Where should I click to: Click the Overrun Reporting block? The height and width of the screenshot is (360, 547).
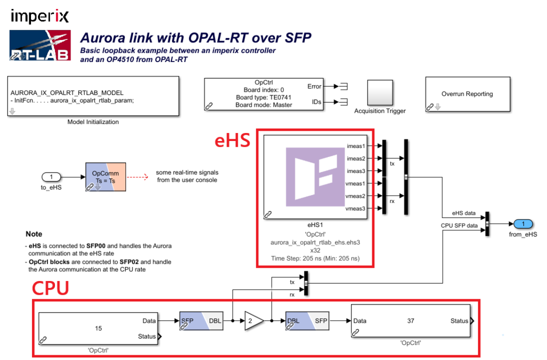(x=467, y=95)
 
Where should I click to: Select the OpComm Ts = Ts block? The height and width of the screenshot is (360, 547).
(x=105, y=177)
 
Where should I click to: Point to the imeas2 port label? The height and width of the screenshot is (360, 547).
(x=356, y=159)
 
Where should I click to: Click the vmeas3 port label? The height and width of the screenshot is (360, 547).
(x=356, y=208)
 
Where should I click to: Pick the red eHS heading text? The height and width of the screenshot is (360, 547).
(x=233, y=141)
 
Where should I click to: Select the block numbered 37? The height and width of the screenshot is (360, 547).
(x=410, y=321)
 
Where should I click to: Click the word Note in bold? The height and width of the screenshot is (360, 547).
(x=34, y=234)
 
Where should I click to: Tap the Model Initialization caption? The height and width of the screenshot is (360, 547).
(x=93, y=122)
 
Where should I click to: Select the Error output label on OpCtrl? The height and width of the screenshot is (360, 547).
(x=315, y=86)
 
